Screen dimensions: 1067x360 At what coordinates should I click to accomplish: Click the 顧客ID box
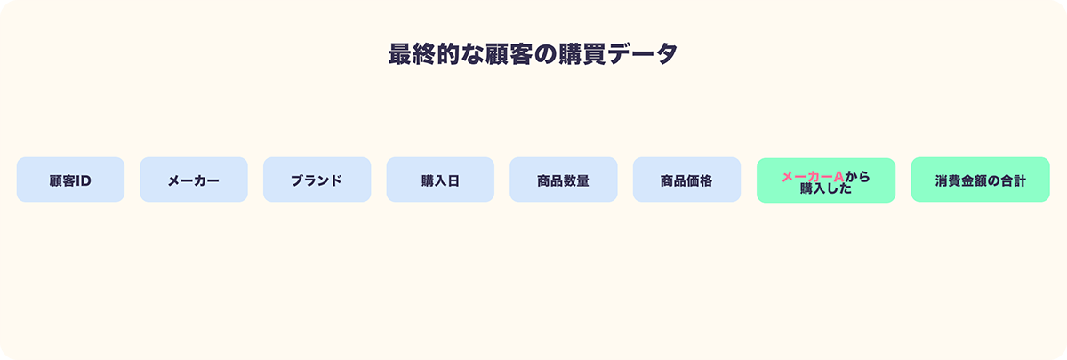[70, 180]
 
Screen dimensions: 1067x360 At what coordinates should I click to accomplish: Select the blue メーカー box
[193, 180]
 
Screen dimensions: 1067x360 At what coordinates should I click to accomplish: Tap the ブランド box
[317, 180]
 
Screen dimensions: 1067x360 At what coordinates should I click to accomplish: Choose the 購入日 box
[440, 180]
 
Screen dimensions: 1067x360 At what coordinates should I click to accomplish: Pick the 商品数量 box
[563, 180]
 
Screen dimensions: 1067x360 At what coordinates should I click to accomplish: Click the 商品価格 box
[686, 180]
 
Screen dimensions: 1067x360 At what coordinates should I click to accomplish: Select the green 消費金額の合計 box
[980, 180]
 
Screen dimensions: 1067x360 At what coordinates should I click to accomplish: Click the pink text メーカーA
[812, 176]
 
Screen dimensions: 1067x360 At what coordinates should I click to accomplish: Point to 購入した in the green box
[826, 188]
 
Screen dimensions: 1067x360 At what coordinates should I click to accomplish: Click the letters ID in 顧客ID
[83, 180]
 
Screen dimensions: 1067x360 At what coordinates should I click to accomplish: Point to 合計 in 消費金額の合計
[1013, 180]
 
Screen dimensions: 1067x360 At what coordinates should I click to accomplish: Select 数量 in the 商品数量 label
[576, 180]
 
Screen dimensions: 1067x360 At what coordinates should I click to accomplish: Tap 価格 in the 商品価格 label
[700, 180]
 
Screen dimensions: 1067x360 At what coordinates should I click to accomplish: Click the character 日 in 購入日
[453, 180]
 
